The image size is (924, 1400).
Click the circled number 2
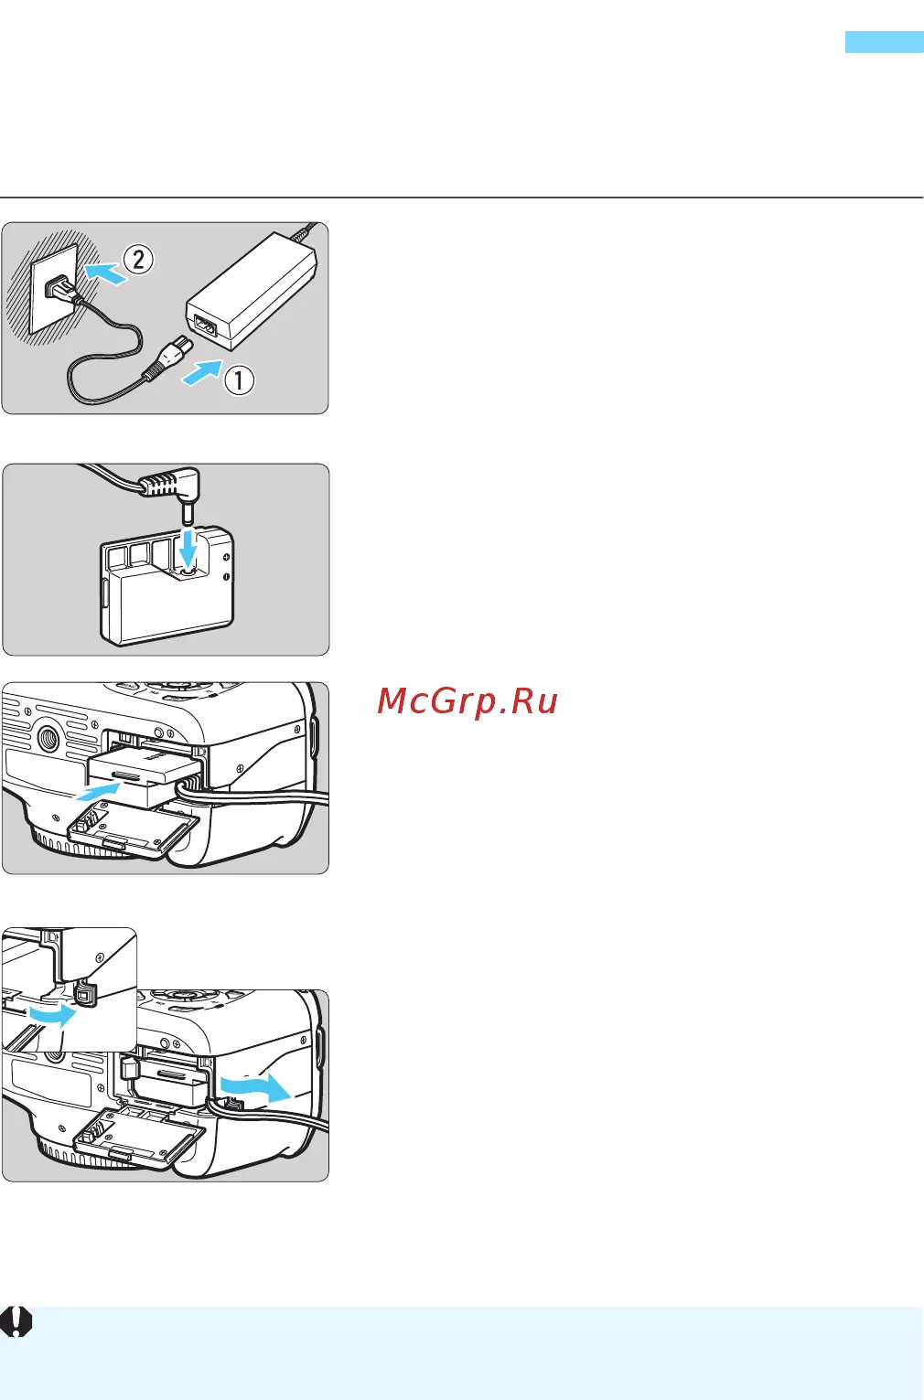point(138,260)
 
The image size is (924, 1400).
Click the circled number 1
point(239,380)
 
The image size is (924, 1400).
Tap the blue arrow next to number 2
point(105,273)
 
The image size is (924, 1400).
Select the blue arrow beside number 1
point(202,372)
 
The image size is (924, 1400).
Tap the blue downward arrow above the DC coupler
point(188,548)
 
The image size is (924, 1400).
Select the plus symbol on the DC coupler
point(226,557)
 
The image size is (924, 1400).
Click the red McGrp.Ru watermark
point(467,700)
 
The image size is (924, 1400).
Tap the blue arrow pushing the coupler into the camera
point(98,792)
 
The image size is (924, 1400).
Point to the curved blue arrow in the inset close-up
point(52,1015)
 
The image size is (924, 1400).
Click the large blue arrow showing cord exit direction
point(255,1088)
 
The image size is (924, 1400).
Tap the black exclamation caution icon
point(16,1321)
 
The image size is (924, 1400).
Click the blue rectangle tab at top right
point(884,42)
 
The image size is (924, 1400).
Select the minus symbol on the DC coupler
point(226,577)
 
